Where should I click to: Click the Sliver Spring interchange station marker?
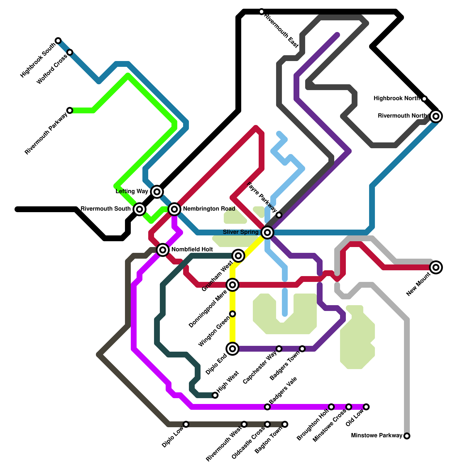[x=267, y=233]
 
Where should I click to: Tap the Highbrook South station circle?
[x=58, y=40]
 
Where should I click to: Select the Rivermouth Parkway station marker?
[x=70, y=110]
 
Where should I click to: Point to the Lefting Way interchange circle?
[x=157, y=192]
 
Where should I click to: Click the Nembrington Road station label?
[x=209, y=209]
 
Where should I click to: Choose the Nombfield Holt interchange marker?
[x=163, y=250]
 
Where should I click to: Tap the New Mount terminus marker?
[x=436, y=267]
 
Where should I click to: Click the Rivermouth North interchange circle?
[x=436, y=116]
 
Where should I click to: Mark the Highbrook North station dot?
[x=424, y=99]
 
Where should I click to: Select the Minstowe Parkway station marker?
[x=407, y=436]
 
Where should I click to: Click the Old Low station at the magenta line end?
[x=366, y=407]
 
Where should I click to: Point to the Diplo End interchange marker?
[x=233, y=349]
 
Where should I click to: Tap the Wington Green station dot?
[x=233, y=314]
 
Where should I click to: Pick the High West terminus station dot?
[x=215, y=395]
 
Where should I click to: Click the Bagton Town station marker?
[x=285, y=424]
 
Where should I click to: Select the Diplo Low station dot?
[x=186, y=424]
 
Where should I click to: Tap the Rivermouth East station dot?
[x=262, y=12]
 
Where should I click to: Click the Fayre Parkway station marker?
[x=279, y=215]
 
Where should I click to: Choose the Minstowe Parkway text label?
[x=377, y=436]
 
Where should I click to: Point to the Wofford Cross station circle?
[x=70, y=52]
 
